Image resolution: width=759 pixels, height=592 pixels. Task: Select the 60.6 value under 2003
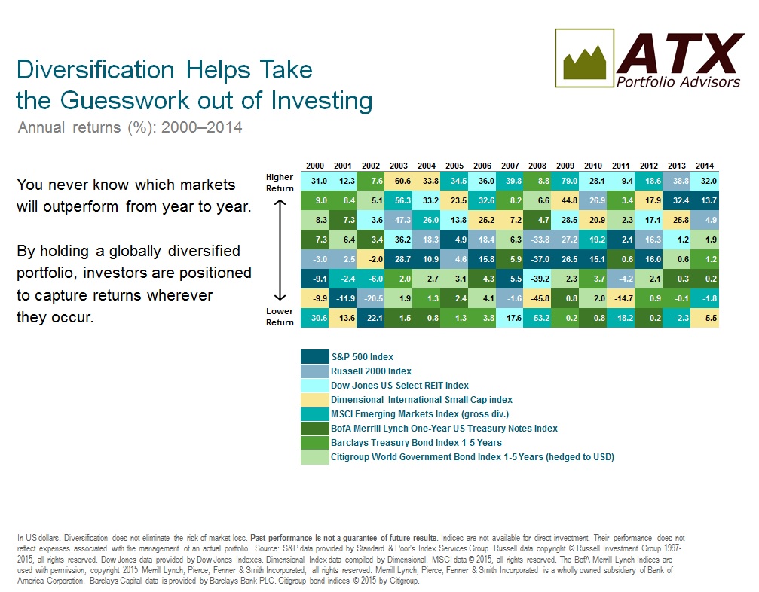tap(399, 181)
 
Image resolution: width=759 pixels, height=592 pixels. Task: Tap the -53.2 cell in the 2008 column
tap(537, 318)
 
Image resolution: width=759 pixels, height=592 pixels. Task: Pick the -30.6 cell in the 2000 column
tap(314, 318)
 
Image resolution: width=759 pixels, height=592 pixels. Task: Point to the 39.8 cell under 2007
tap(510, 181)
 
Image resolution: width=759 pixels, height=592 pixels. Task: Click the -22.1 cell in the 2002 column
tap(370, 318)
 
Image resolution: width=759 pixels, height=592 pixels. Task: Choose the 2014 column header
tap(705, 166)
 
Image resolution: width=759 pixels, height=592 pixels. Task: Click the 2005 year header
tap(454, 166)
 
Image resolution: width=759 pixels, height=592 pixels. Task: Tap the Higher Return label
tap(280, 183)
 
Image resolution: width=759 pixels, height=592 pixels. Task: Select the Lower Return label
tap(280, 317)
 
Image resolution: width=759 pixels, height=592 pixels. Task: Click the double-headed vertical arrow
tap(280, 251)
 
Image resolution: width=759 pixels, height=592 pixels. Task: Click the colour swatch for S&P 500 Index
tap(314, 356)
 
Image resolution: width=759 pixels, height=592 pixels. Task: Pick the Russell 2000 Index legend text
tap(372, 371)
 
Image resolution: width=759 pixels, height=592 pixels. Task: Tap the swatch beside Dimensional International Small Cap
tap(314, 399)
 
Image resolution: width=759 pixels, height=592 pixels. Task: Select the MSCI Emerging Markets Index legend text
tap(420, 414)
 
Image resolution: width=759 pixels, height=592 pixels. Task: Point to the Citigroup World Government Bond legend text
tap(473, 457)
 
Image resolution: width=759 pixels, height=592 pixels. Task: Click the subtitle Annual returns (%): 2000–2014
tap(130, 127)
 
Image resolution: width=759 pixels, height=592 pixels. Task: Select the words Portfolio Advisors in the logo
tap(678, 82)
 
